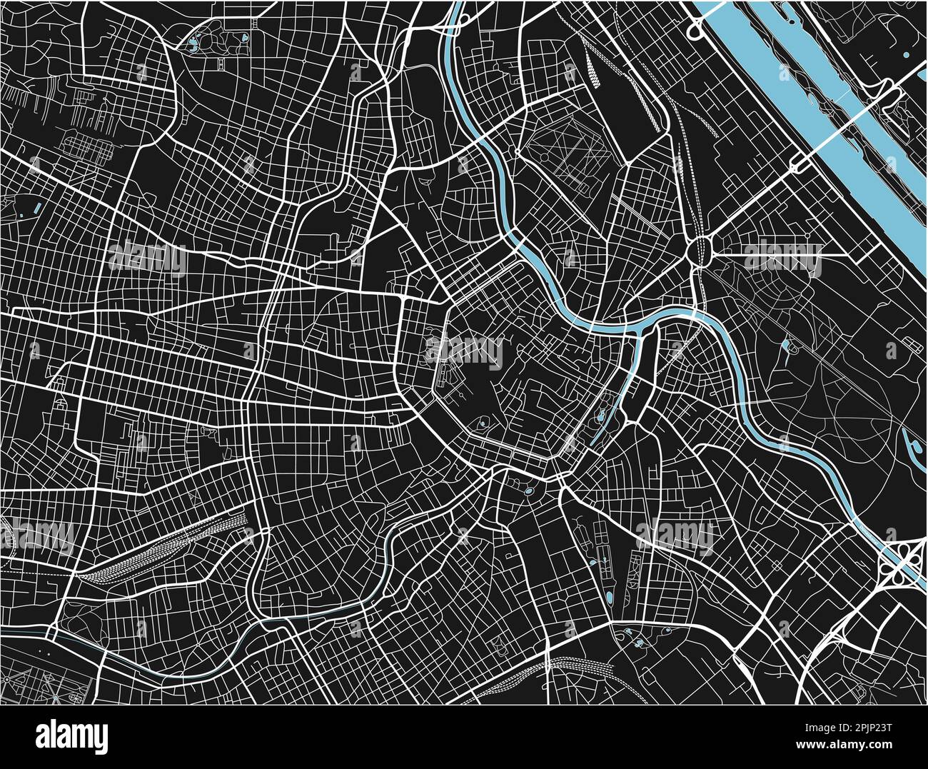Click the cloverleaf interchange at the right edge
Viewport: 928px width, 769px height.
pos(901,561)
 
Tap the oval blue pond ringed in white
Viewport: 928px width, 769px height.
pos(528,491)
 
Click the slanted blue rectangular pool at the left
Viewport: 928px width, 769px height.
pos(36,209)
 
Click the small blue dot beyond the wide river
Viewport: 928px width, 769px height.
pos(906,54)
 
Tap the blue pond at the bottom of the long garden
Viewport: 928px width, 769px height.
pos(609,596)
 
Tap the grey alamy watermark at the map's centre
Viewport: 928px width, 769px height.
pos(464,350)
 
